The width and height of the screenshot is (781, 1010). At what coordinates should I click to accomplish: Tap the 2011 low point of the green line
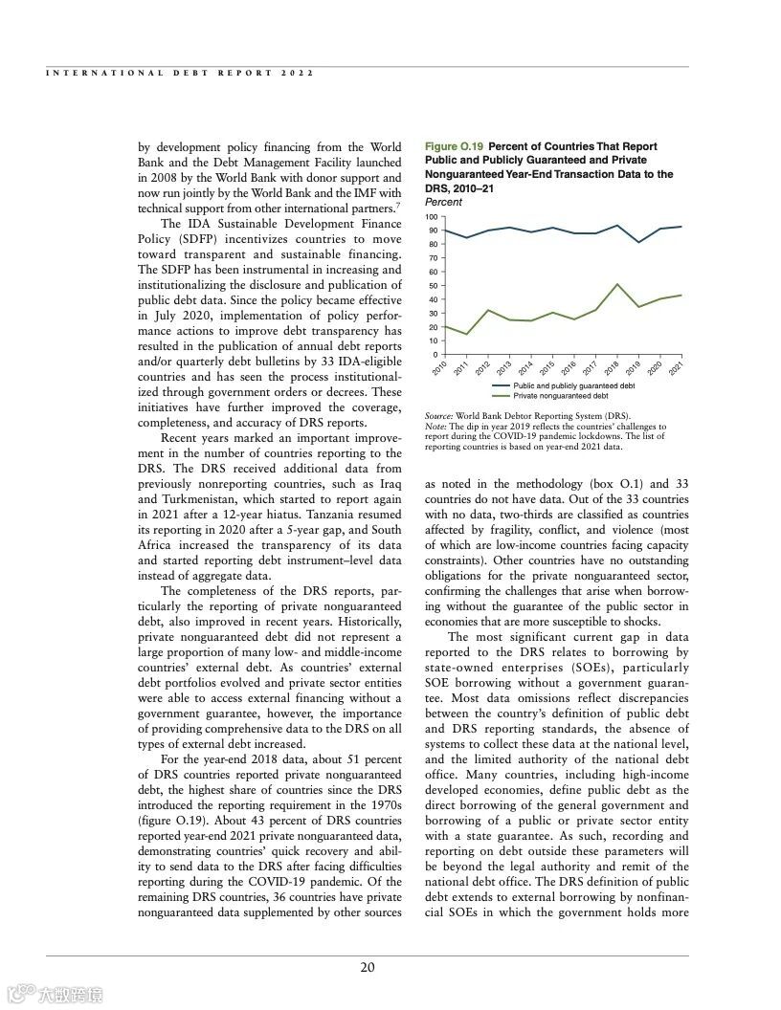coord(467,334)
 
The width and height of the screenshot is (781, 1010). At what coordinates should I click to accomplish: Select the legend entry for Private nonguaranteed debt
coord(561,395)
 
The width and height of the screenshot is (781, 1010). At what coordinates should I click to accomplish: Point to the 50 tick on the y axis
coord(433,286)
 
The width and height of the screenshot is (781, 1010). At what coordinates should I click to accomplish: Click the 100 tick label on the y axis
coord(432,217)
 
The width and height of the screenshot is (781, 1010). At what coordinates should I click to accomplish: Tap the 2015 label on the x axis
coord(547,368)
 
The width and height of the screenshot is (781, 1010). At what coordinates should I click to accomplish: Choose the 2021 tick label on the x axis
coord(676,368)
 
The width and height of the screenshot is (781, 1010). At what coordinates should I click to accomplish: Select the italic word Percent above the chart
coord(443,203)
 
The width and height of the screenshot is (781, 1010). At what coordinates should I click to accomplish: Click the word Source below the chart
coord(437,417)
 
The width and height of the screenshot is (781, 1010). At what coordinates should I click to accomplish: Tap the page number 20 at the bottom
coord(368,967)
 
